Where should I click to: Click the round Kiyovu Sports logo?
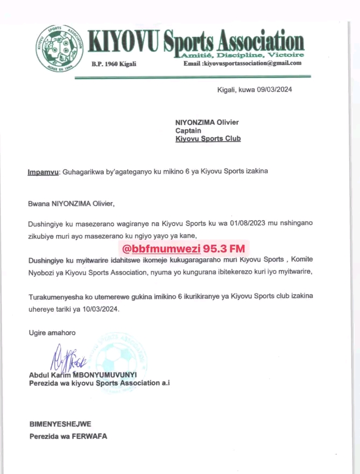click(x=59, y=51)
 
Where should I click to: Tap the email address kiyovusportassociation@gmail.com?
click(x=251, y=63)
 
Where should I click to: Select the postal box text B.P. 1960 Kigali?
click(x=114, y=64)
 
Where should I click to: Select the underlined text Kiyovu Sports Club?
click(x=208, y=139)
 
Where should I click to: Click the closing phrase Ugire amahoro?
click(x=52, y=333)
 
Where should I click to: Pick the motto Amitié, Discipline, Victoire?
click(x=257, y=55)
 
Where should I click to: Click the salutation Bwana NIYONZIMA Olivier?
click(x=71, y=204)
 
